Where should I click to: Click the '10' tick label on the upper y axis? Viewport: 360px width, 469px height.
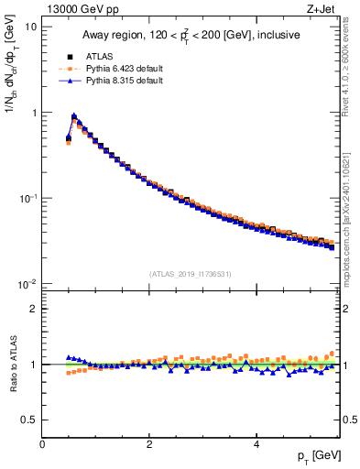click(31, 27)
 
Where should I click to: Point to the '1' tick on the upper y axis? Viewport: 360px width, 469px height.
click(34, 113)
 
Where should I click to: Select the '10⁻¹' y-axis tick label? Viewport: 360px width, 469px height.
click(28, 198)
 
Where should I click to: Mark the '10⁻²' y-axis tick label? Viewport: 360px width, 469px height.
click(28, 284)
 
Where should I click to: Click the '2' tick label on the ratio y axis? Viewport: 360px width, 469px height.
click(34, 309)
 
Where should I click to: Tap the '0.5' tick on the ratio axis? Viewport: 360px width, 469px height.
click(29, 420)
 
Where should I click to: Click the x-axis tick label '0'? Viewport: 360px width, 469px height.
click(42, 443)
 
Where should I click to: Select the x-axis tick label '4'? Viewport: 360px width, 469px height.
click(256, 443)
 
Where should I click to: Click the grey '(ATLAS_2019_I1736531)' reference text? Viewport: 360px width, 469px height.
click(191, 274)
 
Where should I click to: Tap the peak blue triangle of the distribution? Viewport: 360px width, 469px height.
click(74, 116)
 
